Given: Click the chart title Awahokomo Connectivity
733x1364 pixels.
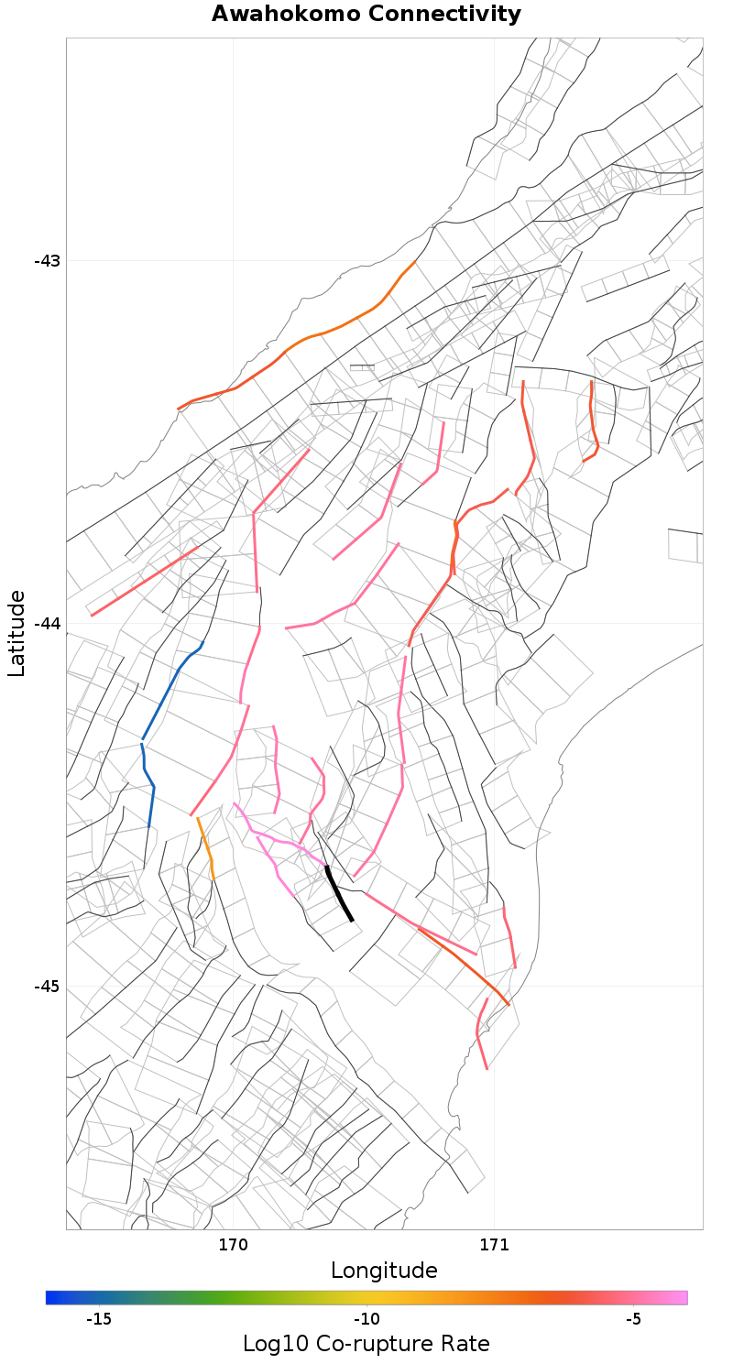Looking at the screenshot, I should point(366,14).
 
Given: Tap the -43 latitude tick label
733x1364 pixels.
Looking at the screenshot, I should point(47,261).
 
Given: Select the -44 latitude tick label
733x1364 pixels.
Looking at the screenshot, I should point(47,624).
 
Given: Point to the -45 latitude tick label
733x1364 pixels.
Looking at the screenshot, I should point(47,987).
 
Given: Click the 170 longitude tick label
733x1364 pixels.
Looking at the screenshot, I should point(234,1245).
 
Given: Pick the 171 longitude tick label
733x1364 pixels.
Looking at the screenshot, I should point(495,1245).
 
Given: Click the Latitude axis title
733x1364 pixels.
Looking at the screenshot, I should point(16,633).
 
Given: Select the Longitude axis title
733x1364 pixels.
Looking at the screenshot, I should point(384,1271).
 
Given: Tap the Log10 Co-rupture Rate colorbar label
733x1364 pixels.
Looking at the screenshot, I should point(366,1344).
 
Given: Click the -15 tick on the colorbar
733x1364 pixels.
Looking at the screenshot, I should point(99,1319).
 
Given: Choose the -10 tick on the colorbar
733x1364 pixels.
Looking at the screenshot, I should point(366,1319).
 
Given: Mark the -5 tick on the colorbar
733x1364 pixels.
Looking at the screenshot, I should point(633,1319).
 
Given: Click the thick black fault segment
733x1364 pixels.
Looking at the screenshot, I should point(339,893).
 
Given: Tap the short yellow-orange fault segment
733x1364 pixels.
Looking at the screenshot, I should point(206,847).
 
